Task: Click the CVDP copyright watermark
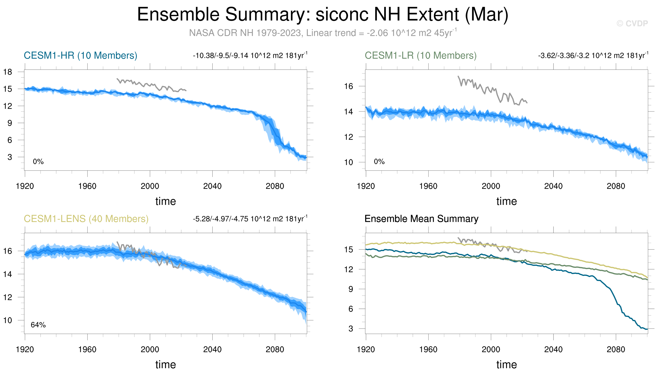pos(632,24)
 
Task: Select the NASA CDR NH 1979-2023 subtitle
pos(323,33)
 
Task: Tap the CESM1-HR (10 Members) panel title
pos(80,55)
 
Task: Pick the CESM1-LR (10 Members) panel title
pos(421,55)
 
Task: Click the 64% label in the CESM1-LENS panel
pos(38,325)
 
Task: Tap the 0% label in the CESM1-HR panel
pos(38,162)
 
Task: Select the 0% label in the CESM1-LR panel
pos(379,162)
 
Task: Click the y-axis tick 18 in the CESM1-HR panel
pos(8,72)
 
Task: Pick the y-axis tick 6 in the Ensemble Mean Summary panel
pos(351,309)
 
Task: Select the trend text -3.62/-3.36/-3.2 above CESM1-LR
pos(593,55)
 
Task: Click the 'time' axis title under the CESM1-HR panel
pos(166,201)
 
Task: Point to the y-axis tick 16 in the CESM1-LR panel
pos(349,86)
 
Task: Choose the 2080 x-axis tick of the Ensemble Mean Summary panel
pos(616,350)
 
